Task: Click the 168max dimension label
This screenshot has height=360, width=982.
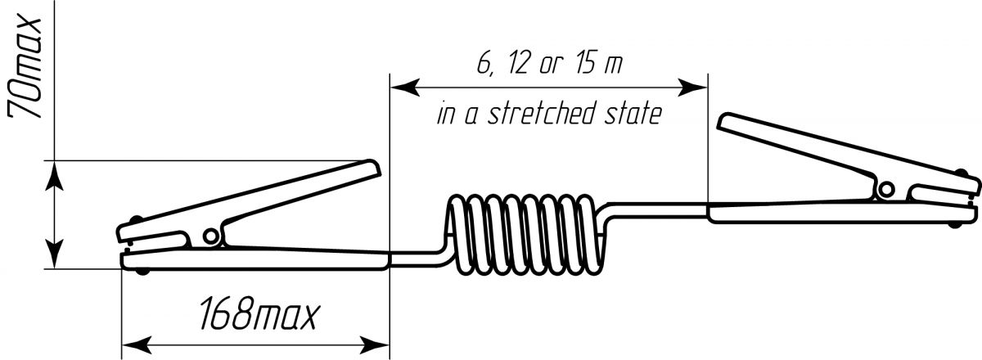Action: pos(259,313)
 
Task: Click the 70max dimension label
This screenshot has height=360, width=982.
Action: pos(25,68)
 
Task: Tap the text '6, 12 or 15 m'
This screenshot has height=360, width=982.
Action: pos(549,64)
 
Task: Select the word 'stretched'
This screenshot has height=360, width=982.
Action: pos(543,113)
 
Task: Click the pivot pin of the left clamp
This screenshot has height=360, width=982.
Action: pos(211,236)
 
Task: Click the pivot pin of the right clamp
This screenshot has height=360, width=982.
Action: pos(886,190)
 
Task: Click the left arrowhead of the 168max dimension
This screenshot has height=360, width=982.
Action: pos(136,345)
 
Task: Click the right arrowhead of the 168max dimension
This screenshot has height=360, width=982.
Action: pos(375,345)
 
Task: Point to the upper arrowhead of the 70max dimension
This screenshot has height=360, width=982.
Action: pos(54,175)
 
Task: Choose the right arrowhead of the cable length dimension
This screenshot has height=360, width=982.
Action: pos(692,88)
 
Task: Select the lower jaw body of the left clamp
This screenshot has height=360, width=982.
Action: pos(255,258)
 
